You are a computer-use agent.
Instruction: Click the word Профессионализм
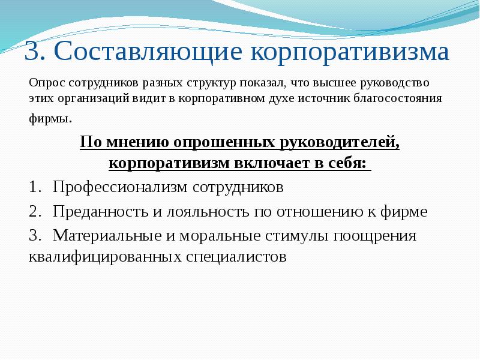pyautogui.click(x=120, y=187)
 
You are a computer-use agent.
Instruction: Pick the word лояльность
pyautogui.click(x=202, y=211)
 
